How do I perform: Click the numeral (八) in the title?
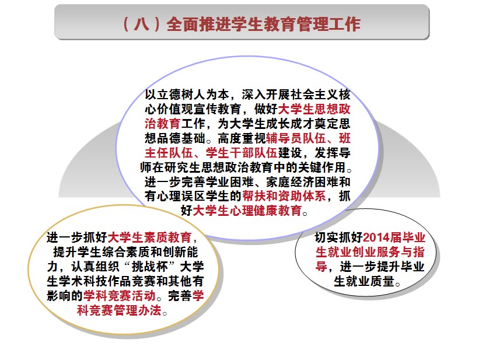click(x=141, y=24)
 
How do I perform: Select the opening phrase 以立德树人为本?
click(x=187, y=95)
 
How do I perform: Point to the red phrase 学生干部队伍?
click(x=242, y=153)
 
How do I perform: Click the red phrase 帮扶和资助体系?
click(x=284, y=196)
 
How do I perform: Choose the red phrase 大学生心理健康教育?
click(x=247, y=211)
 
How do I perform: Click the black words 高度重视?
click(x=242, y=138)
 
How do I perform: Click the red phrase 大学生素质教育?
click(x=149, y=237)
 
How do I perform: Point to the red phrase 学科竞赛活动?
click(x=119, y=295)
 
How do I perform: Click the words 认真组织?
click(x=95, y=266)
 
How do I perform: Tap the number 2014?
click(x=376, y=237)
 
